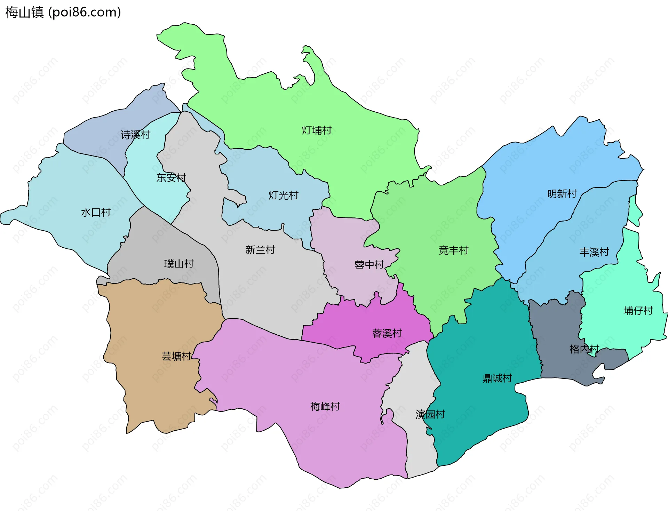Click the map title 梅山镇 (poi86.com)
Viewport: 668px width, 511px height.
(63, 12)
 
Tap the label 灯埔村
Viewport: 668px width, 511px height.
(317, 130)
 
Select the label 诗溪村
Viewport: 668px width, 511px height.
(135, 135)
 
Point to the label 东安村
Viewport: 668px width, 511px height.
(171, 178)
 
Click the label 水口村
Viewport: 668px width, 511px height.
(96, 212)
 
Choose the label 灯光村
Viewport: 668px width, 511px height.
(283, 195)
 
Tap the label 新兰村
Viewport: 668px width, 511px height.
(260, 250)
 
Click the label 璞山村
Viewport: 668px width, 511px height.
(179, 264)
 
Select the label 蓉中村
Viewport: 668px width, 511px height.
(369, 265)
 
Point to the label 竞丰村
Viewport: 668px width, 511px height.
(453, 250)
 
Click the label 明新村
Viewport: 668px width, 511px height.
(562, 193)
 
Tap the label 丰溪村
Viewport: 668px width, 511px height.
(594, 252)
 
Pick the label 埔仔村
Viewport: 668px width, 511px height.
(638, 311)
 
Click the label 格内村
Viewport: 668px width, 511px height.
(584, 349)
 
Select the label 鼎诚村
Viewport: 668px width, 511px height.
(497, 378)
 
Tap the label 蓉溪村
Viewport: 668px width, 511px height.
(387, 333)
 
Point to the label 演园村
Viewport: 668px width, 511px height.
(430, 414)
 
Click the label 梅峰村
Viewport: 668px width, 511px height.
(325, 406)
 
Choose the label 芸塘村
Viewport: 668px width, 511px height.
(176, 356)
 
